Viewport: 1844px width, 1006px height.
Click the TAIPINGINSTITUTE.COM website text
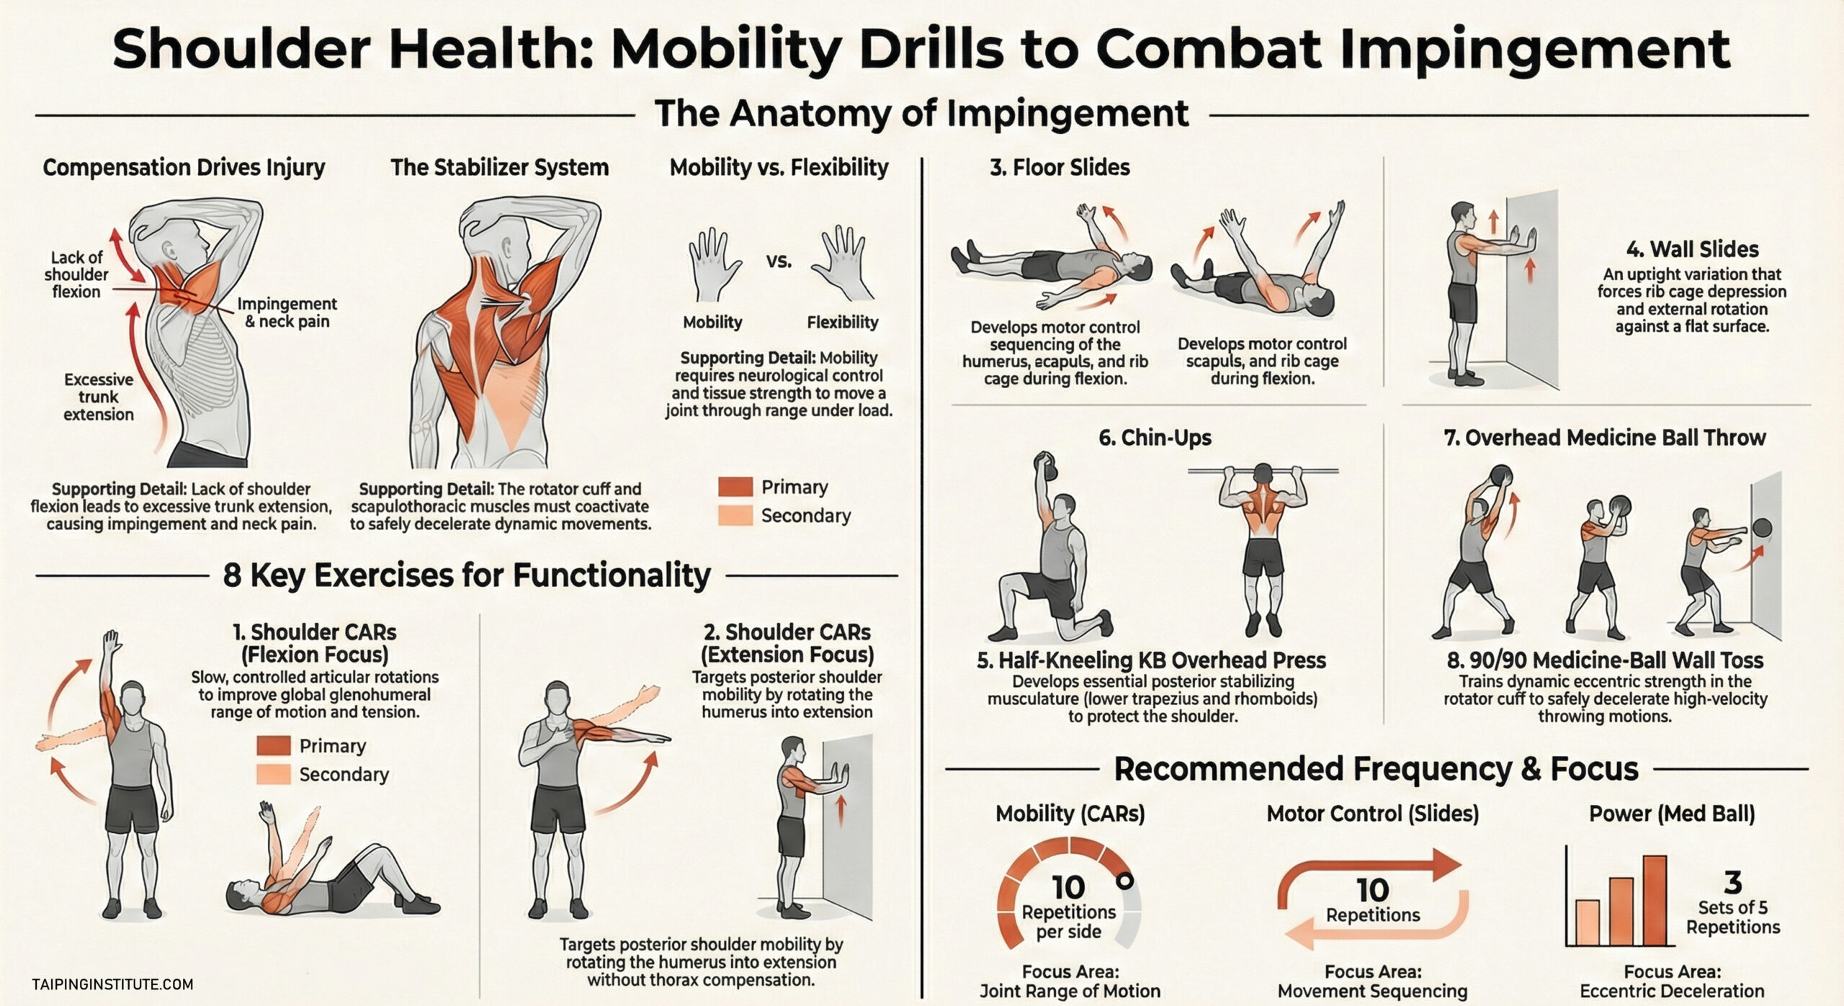pos(112,984)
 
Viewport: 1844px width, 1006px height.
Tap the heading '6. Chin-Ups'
pos(1155,437)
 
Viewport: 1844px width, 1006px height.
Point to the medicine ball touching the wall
pos(1762,528)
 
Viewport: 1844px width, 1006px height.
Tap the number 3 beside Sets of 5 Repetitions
pos(1732,882)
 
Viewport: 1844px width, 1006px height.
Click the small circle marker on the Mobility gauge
pos(1124,881)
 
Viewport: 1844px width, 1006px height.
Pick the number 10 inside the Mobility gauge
pos(1068,887)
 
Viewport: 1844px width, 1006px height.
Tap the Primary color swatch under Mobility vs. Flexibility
pos(735,487)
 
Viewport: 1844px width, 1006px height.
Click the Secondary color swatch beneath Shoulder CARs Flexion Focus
pos(274,774)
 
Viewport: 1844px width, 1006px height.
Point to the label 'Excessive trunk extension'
pos(99,397)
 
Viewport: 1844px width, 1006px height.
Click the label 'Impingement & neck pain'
pos(287,313)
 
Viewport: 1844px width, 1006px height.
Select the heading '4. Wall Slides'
pos(1692,249)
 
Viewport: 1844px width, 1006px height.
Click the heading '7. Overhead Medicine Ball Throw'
pos(1605,437)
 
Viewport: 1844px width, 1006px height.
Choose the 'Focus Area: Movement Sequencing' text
pos(1372,981)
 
